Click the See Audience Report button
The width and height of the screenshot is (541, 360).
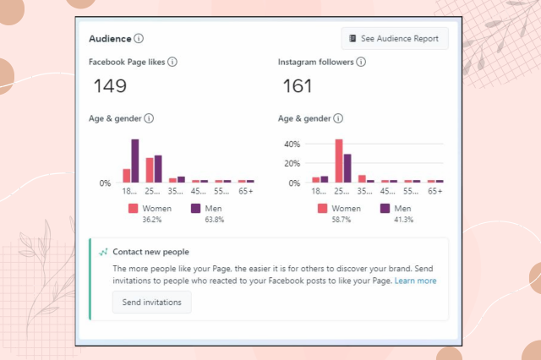point(395,39)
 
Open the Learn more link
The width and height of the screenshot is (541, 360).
point(415,281)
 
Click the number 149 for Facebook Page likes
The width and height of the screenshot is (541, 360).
point(110,86)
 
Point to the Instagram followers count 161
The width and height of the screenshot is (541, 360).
point(297,86)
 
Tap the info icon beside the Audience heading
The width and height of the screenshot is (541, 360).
point(139,38)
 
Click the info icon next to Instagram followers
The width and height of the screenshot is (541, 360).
point(361,62)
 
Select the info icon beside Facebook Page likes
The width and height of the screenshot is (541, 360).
point(172,62)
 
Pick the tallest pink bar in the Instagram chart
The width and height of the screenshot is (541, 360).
point(339,161)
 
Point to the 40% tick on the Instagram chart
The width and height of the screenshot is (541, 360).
point(292,144)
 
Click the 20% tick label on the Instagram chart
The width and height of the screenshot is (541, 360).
point(292,163)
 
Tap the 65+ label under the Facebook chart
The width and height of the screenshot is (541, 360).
point(245,192)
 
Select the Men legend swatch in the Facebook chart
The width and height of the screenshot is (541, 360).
point(195,209)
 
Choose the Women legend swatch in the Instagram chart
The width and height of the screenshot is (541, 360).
point(322,209)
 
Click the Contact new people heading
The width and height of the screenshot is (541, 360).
point(151,252)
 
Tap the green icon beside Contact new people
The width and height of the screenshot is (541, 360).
point(104,252)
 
